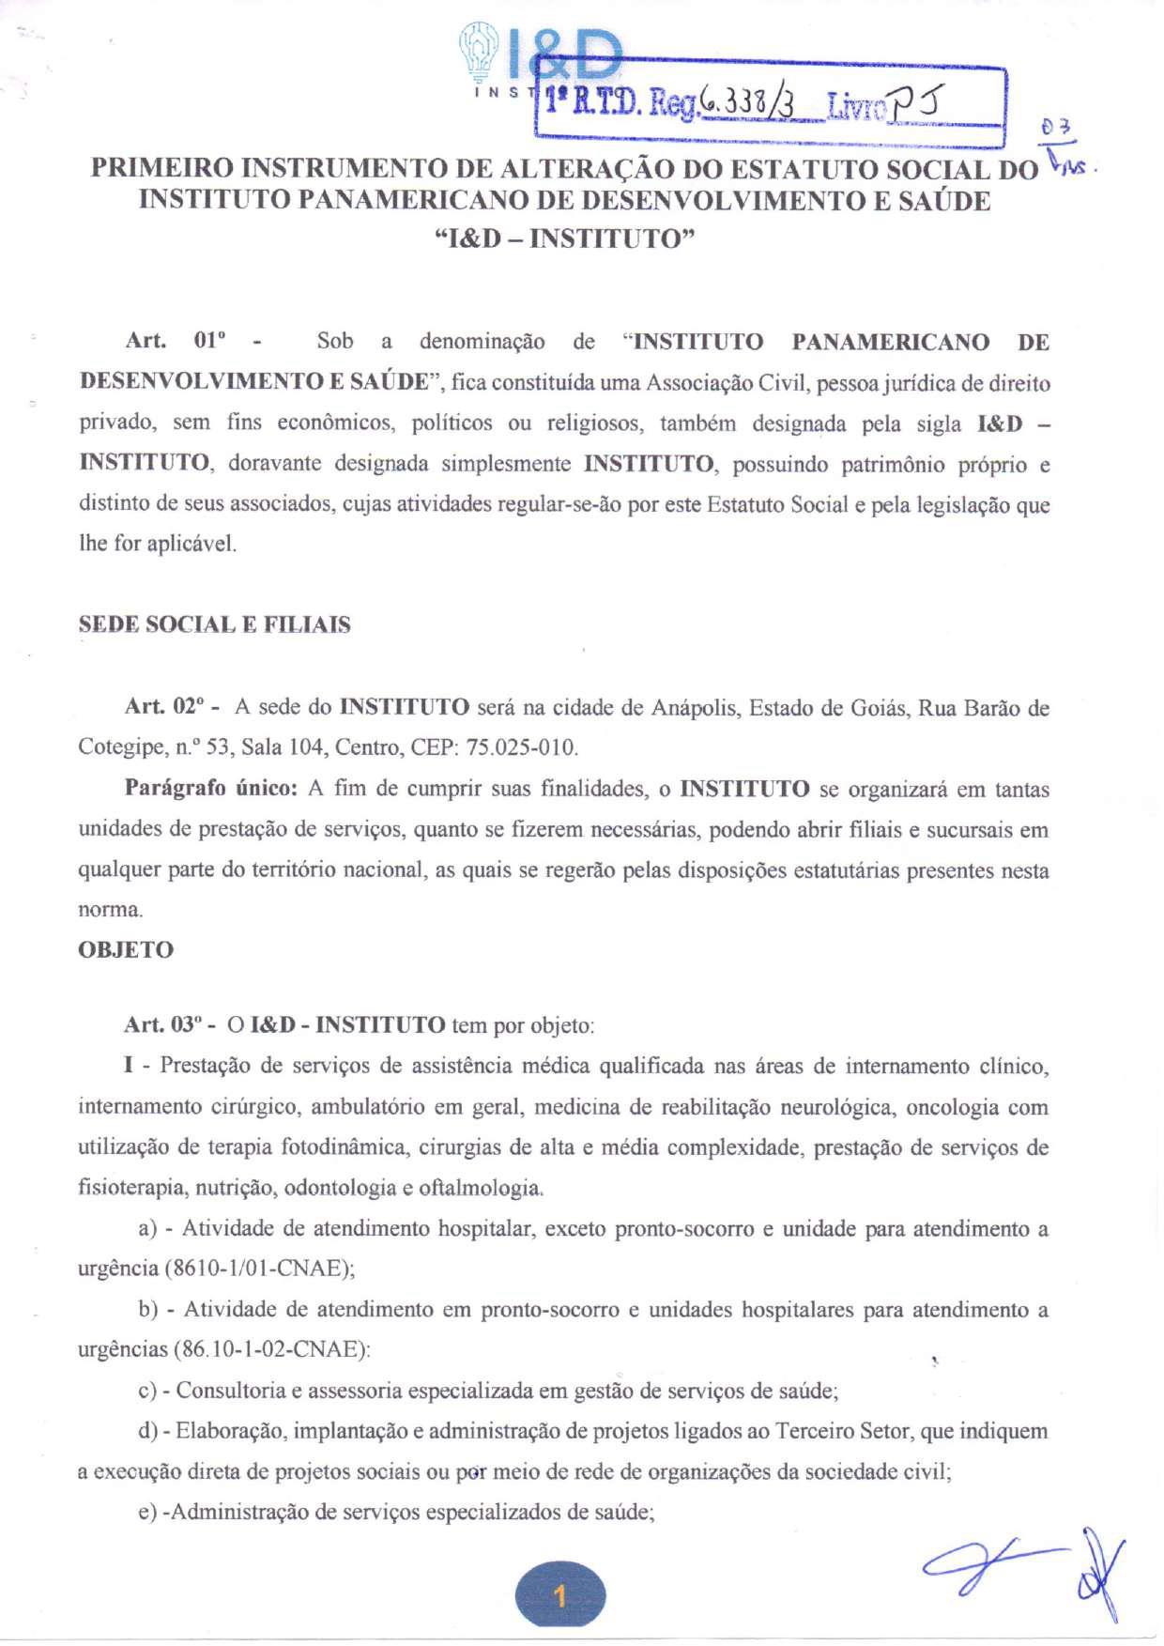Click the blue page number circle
click(560, 1594)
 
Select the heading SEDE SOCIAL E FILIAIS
click(214, 625)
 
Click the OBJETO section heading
click(126, 950)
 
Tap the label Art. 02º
click(173, 707)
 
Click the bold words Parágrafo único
click(211, 789)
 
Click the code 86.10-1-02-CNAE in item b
click(270, 1350)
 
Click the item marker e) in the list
click(147, 1513)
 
